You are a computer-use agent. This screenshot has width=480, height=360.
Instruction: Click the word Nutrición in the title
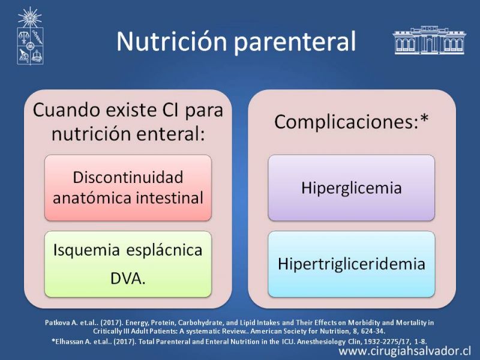tap(172, 41)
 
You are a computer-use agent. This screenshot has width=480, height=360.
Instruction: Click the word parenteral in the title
tap(295, 42)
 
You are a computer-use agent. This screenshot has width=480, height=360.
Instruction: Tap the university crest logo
tap(29, 36)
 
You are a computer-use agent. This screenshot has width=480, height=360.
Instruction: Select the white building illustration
tap(429, 40)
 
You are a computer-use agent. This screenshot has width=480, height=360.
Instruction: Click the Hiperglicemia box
tap(352, 188)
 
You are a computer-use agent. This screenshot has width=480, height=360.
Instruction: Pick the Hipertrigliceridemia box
tap(352, 264)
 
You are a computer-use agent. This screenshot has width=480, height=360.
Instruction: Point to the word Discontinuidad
tap(128, 177)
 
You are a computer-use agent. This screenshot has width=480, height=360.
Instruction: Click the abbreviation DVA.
tap(128, 278)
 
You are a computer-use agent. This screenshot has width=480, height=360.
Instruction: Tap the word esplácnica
tap(164, 250)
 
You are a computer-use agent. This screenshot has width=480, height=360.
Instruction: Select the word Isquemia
tap(86, 250)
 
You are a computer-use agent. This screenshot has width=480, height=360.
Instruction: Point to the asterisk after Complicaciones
tap(424, 118)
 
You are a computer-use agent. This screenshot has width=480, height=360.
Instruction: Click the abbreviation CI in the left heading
tap(170, 110)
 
